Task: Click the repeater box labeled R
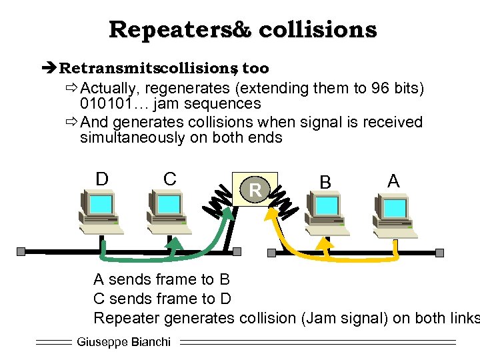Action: (x=254, y=191)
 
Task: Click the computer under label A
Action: (x=395, y=213)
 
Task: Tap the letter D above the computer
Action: (x=102, y=179)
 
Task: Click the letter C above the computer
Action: (x=170, y=179)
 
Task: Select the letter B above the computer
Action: (x=325, y=182)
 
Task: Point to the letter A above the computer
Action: (x=393, y=181)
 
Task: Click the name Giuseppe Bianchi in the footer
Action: (x=124, y=342)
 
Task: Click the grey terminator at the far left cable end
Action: (x=21, y=251)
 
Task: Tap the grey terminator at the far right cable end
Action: (x=439, y=253)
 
